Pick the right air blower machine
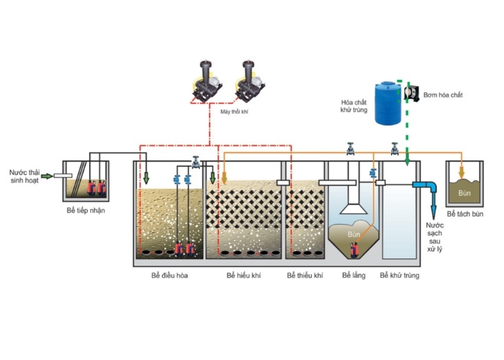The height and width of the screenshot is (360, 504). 248,81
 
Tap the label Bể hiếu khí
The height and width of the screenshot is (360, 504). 242,276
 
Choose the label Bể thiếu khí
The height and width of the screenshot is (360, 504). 305,276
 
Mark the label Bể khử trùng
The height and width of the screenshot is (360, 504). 400,276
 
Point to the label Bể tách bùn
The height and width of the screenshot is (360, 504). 465,215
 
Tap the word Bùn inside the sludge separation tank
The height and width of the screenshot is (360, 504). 465,192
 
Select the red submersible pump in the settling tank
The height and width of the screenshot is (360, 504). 354,248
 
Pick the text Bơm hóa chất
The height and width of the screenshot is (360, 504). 444,95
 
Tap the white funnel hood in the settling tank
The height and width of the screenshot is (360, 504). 352,205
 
